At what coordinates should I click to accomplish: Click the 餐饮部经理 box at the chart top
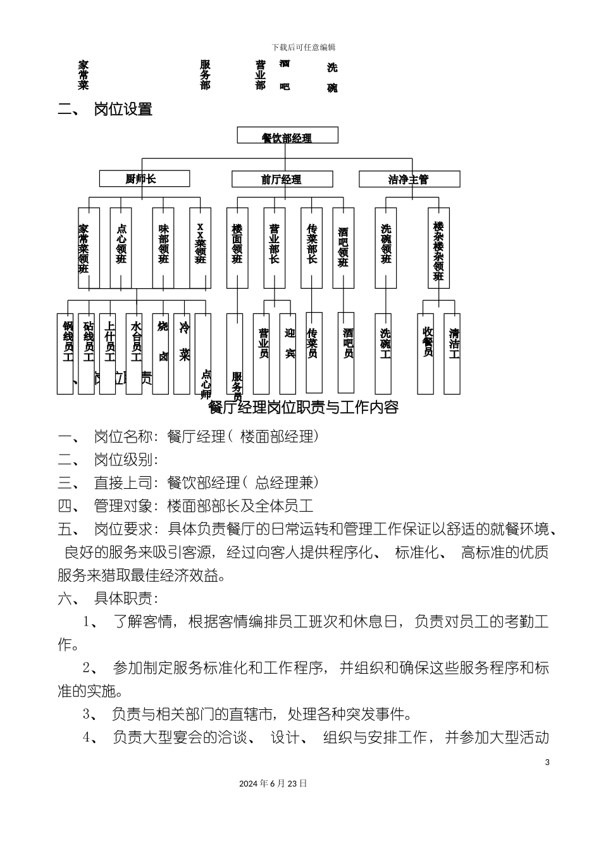click(x=287, y=136)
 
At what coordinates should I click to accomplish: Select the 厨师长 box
click(x=144, y=179)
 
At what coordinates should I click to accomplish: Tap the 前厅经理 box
click(x=282, y=180)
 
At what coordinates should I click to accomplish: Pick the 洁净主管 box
click(x=409, y=180)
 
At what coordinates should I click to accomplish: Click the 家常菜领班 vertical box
click(x=88, y=248)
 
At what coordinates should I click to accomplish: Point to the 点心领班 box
click(x=121, y=248)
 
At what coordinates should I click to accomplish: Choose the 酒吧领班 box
click(x=343, y=248)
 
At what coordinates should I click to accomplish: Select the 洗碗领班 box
click(x=386, y=248)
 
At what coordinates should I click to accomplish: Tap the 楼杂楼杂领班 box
click(x=438, y=249)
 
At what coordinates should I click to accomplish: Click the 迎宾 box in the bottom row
click(x=289, y=353)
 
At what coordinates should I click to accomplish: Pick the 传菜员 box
click(x=313, y=353)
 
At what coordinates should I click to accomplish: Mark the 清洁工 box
click(x=453, y=353)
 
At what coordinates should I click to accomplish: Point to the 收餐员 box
click(x=428, y=353)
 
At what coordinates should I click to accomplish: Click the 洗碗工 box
click(x=384, y=353)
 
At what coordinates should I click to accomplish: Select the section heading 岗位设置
click(x=123, y=109)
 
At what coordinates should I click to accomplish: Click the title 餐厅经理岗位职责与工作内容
click(x=304, y=407)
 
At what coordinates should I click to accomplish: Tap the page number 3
click(x=547, y=762)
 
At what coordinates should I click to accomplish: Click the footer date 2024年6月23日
click(x=273, y=783)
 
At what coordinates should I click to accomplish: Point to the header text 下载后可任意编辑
click(x=304, y=47)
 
